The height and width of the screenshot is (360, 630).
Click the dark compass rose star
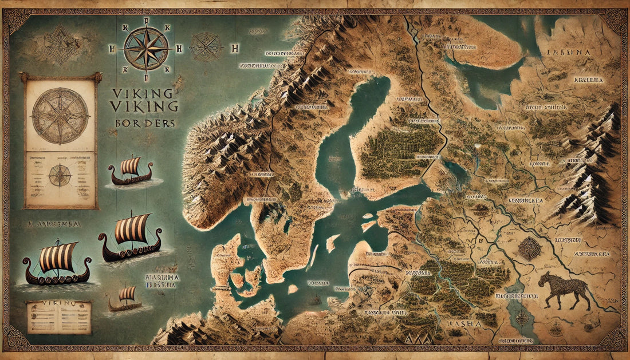[x=146, y=49]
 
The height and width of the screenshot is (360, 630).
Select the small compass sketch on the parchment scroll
[x=60, y=175]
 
